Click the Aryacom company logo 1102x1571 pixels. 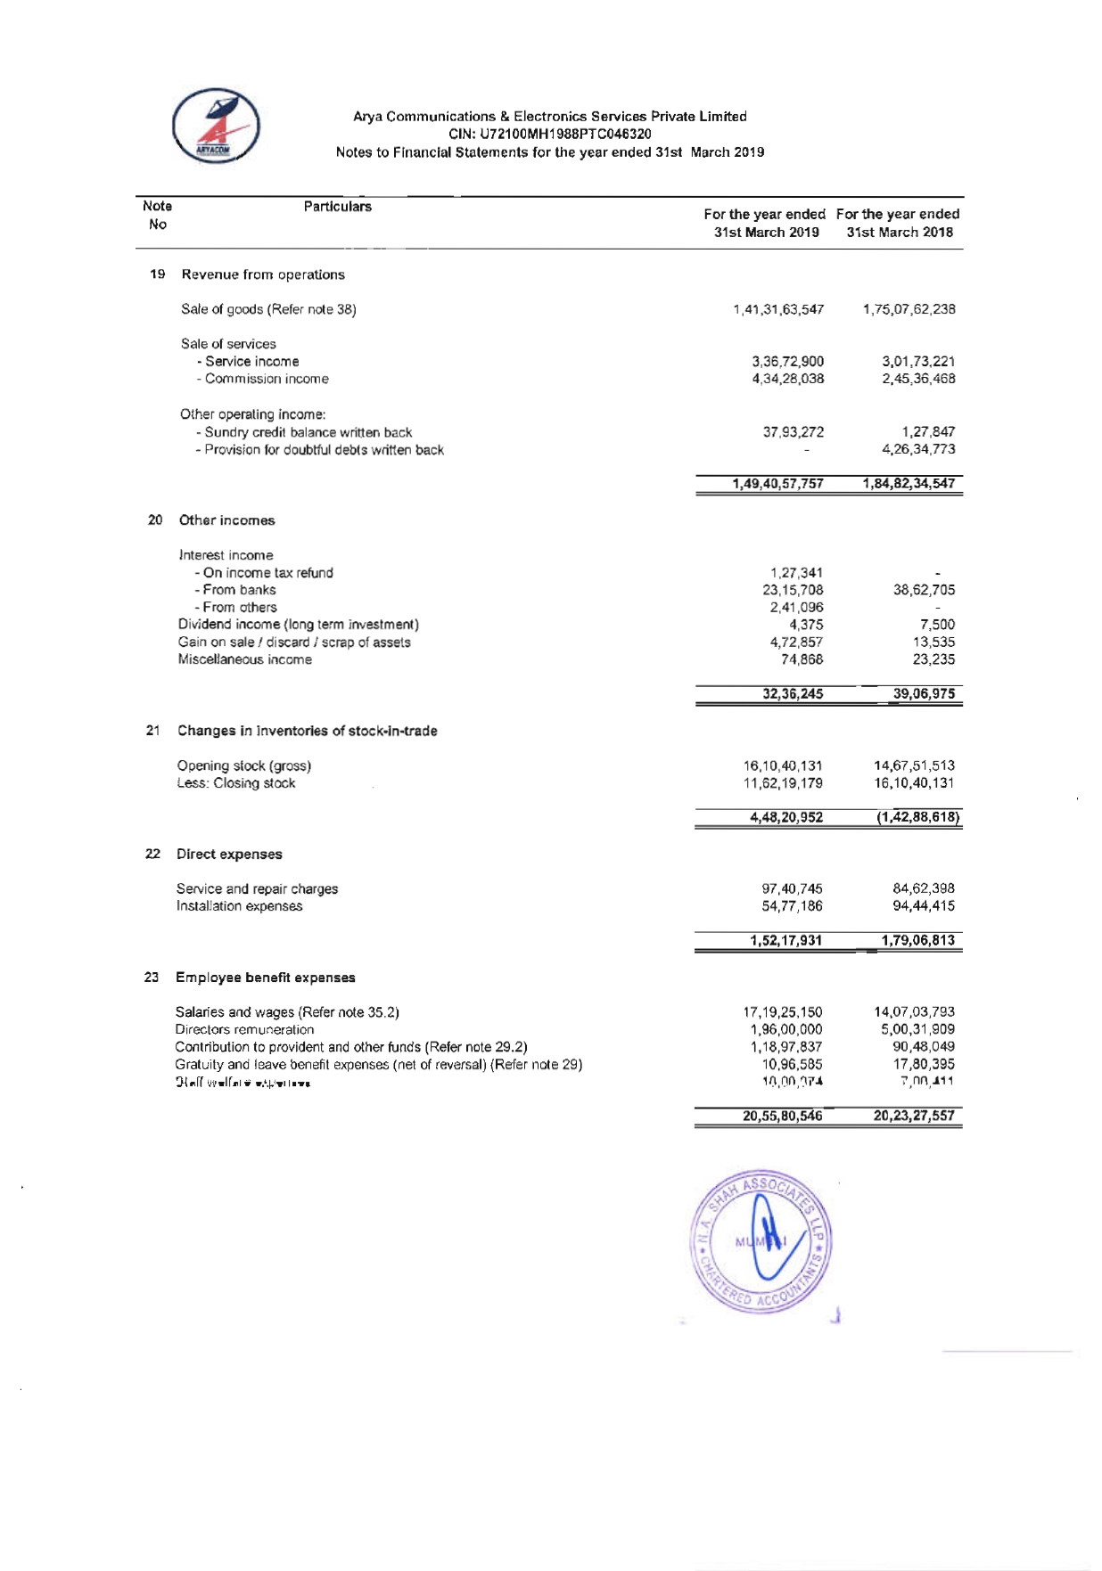click(216, 126)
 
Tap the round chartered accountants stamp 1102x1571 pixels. click(761, 1240)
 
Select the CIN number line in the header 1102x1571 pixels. click(549, 134)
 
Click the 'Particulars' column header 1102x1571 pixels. click(337, 207)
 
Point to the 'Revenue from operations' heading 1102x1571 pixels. click(263, 274)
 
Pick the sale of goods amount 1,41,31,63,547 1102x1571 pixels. click(778, 309)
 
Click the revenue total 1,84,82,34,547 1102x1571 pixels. click(909, 484)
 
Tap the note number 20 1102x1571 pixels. click(155, 520)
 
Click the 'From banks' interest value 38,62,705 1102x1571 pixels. click(924, 590)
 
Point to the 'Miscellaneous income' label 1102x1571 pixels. click(245, 659)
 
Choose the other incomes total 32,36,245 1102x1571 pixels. click(793, 694)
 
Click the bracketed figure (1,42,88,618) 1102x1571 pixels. click(917, 817)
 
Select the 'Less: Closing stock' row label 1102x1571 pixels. click(236, 783)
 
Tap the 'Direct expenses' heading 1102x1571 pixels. click(229, 854)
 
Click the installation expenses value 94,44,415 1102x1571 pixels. click(924, 906)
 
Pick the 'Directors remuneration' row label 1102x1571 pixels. click(244, 1029)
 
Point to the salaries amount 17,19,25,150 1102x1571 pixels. click(783, 1012)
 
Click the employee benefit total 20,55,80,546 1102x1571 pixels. click(782, 1116)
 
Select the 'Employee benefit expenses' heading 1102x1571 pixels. click(266, 978)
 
